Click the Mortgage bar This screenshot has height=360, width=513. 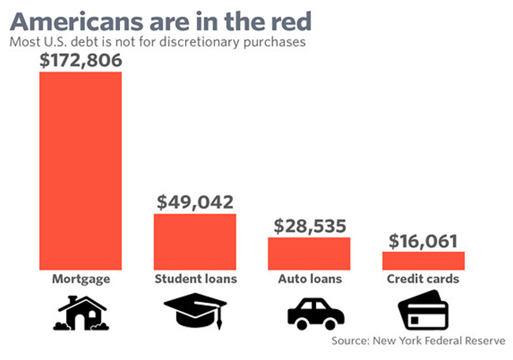pos(81,171)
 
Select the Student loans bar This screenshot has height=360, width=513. pos(195,242)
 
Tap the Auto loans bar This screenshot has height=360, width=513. pos(309,254)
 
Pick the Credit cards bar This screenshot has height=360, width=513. pos(423,261)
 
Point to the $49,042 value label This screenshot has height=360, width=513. pos(195,202)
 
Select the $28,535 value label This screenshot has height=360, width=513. pos(309,226)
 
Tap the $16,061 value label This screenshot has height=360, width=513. pos(423,240)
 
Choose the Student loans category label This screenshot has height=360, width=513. pos(195,280)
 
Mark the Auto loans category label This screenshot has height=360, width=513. pos(309,280)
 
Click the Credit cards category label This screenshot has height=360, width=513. pos(423,280)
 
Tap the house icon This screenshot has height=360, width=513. pos(80,312)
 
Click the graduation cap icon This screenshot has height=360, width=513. pos(195,312)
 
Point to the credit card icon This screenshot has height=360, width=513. pos(425,312)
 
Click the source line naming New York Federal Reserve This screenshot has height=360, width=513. pos(418,340)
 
